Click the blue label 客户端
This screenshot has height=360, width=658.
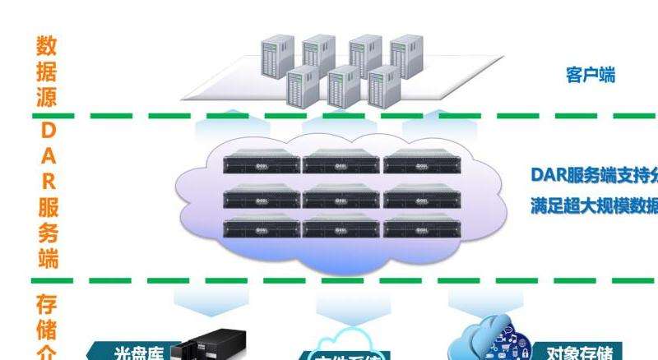(x=591, y=76)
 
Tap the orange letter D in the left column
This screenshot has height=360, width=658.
(x=48, y=131)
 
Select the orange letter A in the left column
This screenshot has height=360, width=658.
(x=48, y=155)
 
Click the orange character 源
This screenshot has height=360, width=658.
(x=47, y=97)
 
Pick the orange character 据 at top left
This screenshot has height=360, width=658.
(x=47, y=72)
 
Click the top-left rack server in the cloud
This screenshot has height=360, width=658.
(x=261, y=163)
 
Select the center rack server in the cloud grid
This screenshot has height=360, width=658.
(x=341, y=196)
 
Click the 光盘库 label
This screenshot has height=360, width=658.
(x=138, y=353)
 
